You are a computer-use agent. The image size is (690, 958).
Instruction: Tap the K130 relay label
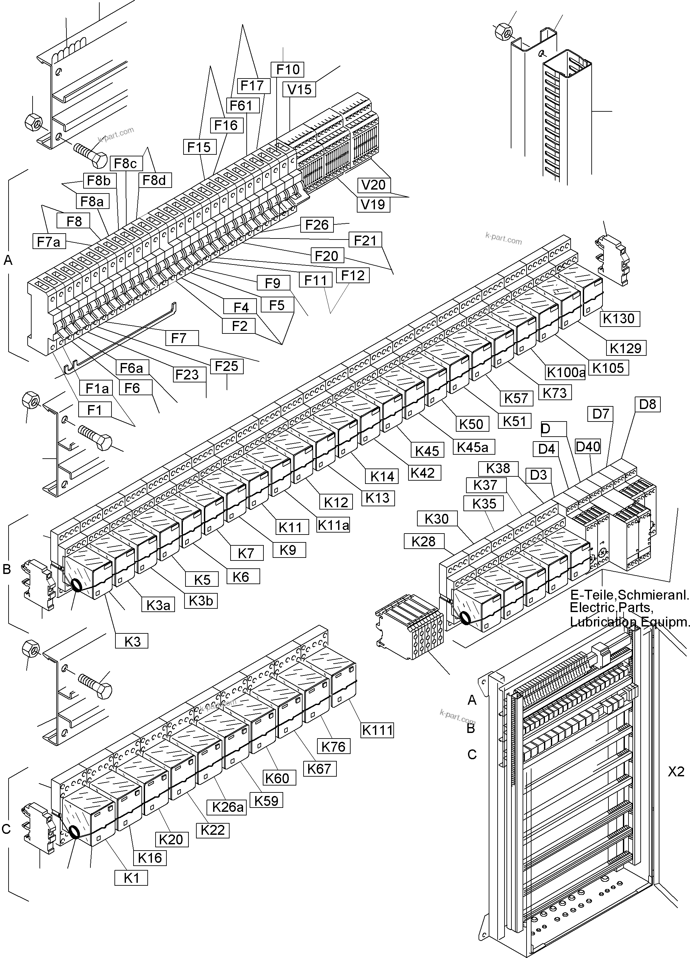619,318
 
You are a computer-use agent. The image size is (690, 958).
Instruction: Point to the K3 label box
132,642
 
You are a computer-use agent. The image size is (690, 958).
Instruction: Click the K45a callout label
472,447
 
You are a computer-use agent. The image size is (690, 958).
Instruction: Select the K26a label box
228,807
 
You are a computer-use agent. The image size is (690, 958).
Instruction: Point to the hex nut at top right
503,31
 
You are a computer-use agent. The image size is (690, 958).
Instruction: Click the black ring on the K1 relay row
74,833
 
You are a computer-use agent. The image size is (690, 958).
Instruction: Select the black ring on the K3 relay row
77,585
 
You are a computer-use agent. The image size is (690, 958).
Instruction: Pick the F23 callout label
187,375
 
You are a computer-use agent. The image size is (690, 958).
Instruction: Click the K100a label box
566,373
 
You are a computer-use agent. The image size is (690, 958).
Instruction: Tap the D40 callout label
588,446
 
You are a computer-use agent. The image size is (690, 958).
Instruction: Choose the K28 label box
423,541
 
